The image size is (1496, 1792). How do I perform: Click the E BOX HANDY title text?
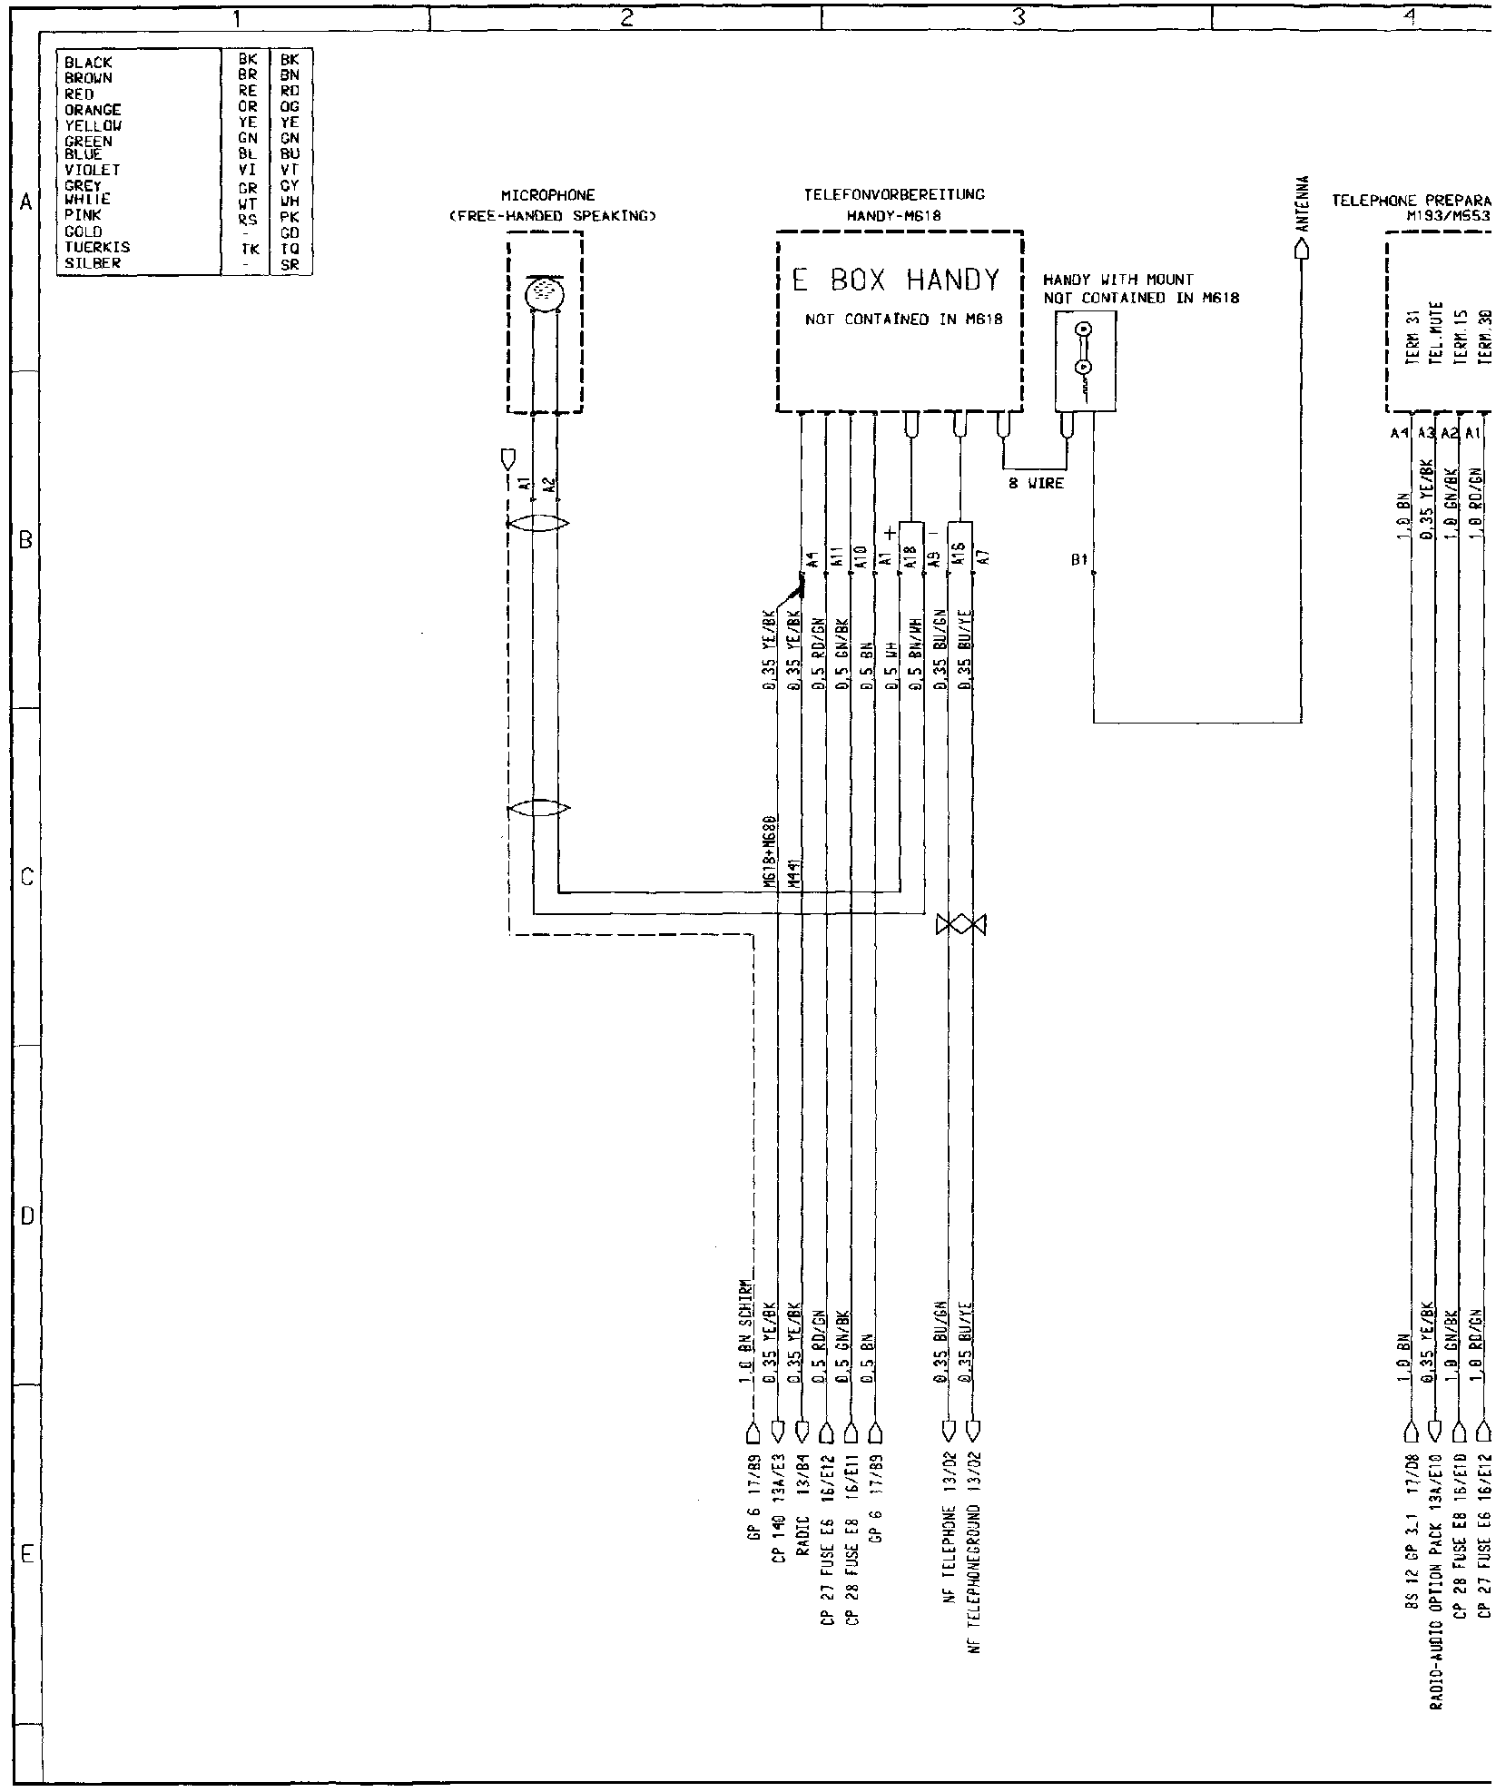tap(896, 281)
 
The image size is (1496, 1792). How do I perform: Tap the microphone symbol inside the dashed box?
tap(545, 292)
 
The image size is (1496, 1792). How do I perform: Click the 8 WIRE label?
tap(1036, 483)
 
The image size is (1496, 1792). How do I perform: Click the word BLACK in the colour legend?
tap(88, 63)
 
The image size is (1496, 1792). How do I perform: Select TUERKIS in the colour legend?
tap(97, 247)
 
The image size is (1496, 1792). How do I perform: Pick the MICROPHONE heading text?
tap(547, 194)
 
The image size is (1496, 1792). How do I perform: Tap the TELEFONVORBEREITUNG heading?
tap(894, 194)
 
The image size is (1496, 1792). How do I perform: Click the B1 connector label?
tap(1078, 560)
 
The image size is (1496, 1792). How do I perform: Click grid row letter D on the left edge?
tap(26, 1216)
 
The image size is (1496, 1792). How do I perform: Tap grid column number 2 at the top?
tap(625, 15)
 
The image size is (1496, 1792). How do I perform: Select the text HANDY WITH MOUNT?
tap(1118, 280)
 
